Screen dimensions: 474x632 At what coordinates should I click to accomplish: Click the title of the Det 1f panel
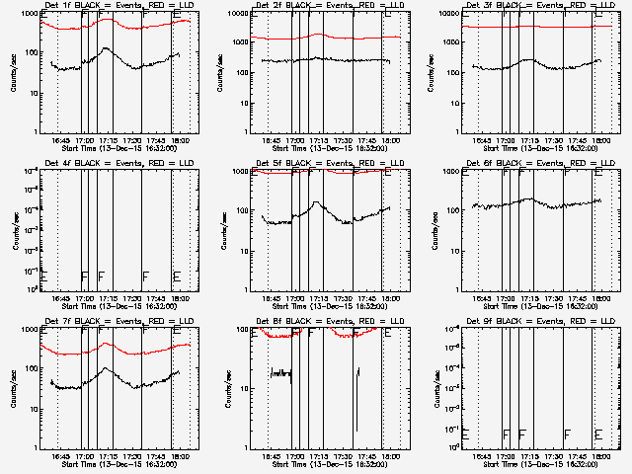[x=103, y=6]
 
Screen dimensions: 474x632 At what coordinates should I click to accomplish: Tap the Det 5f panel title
[x=314, y=164]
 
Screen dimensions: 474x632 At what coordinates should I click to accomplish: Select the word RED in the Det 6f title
[x=560, y=164]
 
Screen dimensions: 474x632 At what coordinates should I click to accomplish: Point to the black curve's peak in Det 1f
[x=106, y=47]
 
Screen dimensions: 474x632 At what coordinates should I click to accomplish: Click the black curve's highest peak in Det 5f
[x=316, y=202]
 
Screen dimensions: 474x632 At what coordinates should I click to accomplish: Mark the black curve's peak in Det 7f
[x=106, y=368]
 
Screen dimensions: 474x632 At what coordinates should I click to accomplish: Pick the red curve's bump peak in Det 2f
[x=316, y=35]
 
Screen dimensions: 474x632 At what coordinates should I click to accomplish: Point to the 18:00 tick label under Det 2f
[x=391, y=140]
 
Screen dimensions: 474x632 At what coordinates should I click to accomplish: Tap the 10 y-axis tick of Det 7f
[x=31, y=409]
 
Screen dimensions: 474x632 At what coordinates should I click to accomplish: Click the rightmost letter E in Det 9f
[x=599, y=434]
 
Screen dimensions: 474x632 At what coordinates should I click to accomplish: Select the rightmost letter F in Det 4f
[x=145, y=276]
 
